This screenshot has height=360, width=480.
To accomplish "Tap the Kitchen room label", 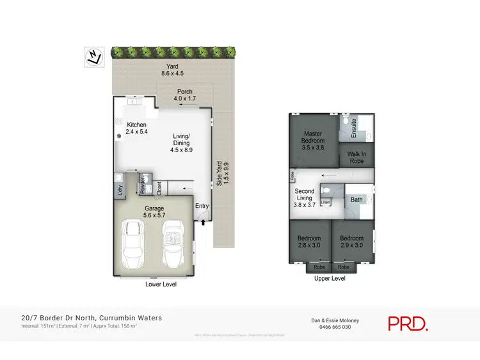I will [x=136, y=128].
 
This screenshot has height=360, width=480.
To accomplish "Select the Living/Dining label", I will [x=182, y=143].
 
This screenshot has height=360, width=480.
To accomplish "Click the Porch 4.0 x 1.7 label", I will [x=185, y=95].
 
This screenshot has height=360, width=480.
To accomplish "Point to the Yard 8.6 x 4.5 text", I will [x=172, y=70].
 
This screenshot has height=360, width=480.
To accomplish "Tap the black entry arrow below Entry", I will [x=204, y=222].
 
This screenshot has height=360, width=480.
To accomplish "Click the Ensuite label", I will [x=354, y=128].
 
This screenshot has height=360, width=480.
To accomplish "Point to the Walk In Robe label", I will [x=357, y=157].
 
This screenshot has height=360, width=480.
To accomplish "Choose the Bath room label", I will [x=356, y=200].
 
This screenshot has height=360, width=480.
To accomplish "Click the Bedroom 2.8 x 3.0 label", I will [x=309, y=242].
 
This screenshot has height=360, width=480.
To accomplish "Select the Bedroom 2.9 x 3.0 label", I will [x=351, y=242].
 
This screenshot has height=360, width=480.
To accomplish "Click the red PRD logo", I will [x=408, y=323].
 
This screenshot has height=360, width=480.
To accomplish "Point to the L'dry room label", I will [x=118, y=189].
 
